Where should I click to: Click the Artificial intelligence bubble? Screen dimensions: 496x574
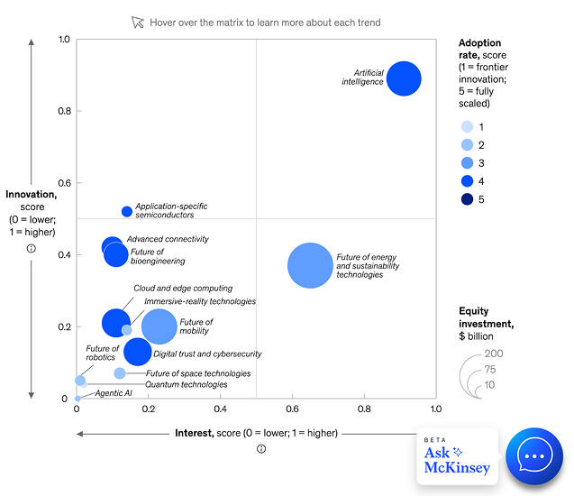(404, 78)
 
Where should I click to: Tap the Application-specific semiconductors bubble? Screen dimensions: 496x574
(127, 211)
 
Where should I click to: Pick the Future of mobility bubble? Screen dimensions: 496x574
(160, 326)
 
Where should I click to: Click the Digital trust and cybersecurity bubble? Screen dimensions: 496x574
(138, 352)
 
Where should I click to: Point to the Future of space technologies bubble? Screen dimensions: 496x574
(120, 373)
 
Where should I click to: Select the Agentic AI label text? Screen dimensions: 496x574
(114, 394)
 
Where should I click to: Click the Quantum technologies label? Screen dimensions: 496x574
(174, 384)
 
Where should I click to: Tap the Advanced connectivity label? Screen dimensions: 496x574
(169, 239)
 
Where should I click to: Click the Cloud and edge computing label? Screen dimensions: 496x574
(183, 289)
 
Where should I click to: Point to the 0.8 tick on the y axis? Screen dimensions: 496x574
(63, 111)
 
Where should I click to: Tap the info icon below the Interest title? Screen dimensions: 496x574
(260, 449)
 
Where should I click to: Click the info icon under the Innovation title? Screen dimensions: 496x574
(31, 248)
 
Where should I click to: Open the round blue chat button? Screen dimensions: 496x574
(534, 457)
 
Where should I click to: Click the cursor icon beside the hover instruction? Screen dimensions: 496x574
(137, 22)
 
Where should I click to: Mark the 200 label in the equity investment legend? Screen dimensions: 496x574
(495, 354)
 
